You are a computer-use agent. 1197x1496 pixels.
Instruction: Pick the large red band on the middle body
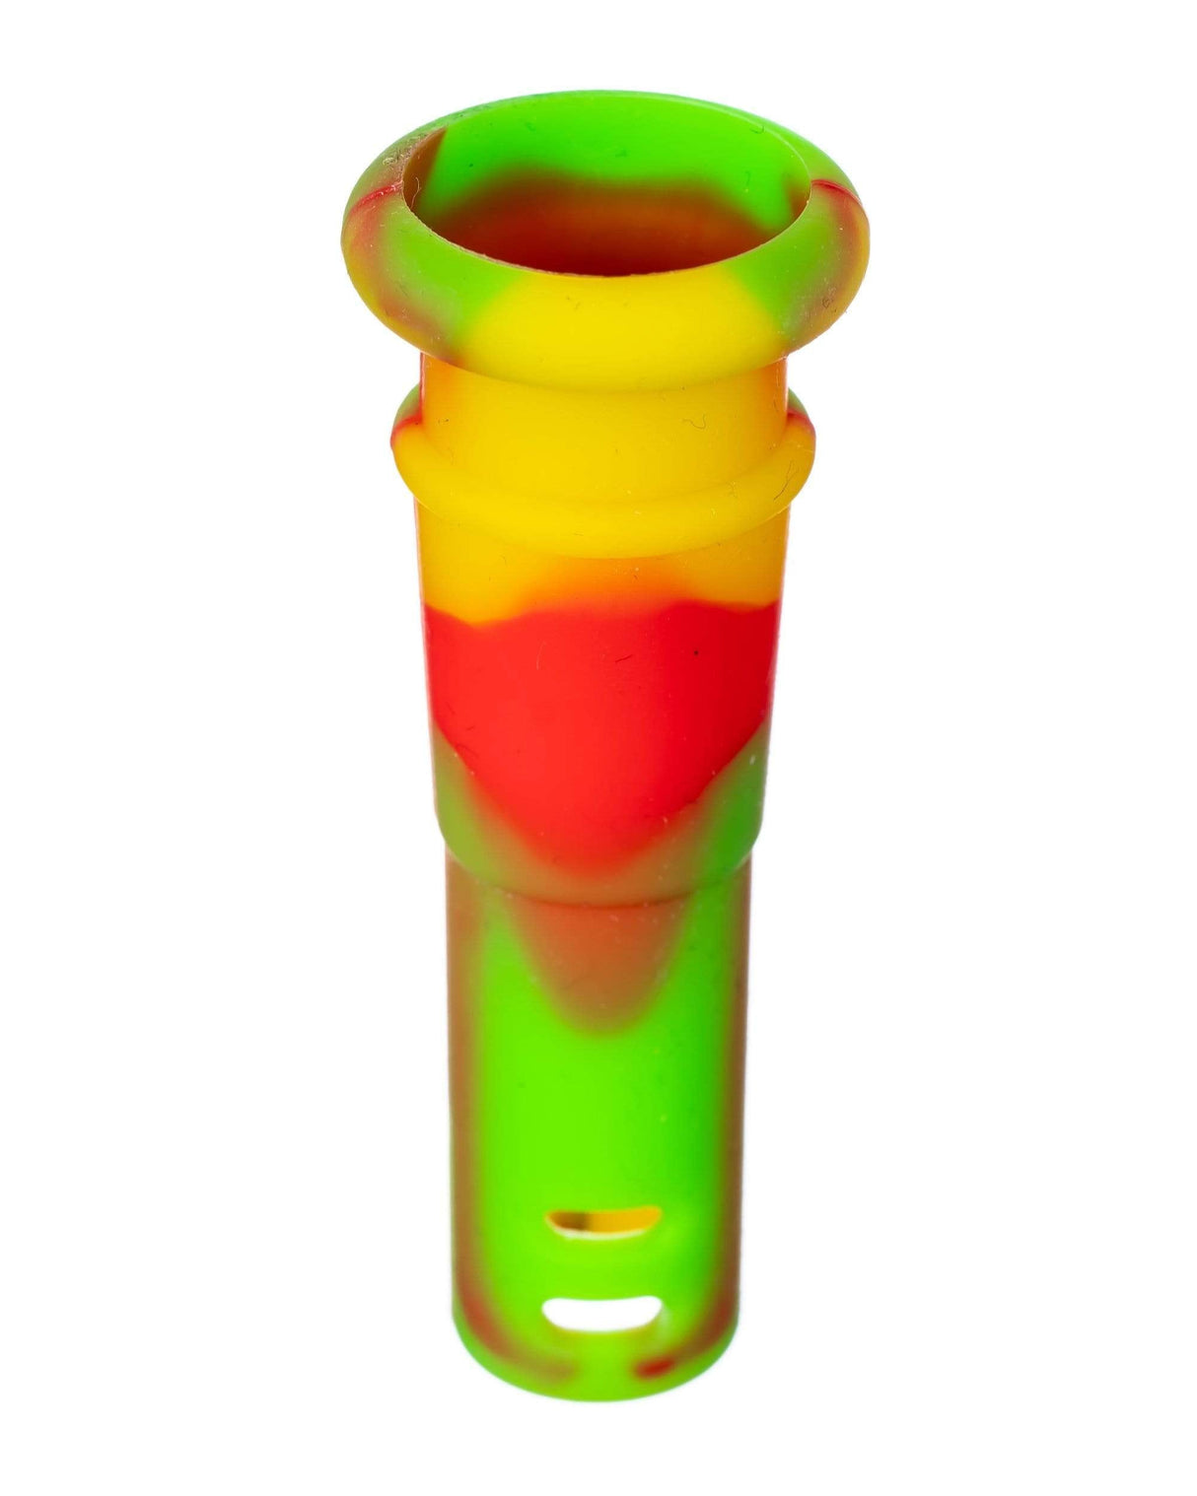click(592, 710)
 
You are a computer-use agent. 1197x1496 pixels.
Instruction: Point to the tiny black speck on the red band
click(695, 652)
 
